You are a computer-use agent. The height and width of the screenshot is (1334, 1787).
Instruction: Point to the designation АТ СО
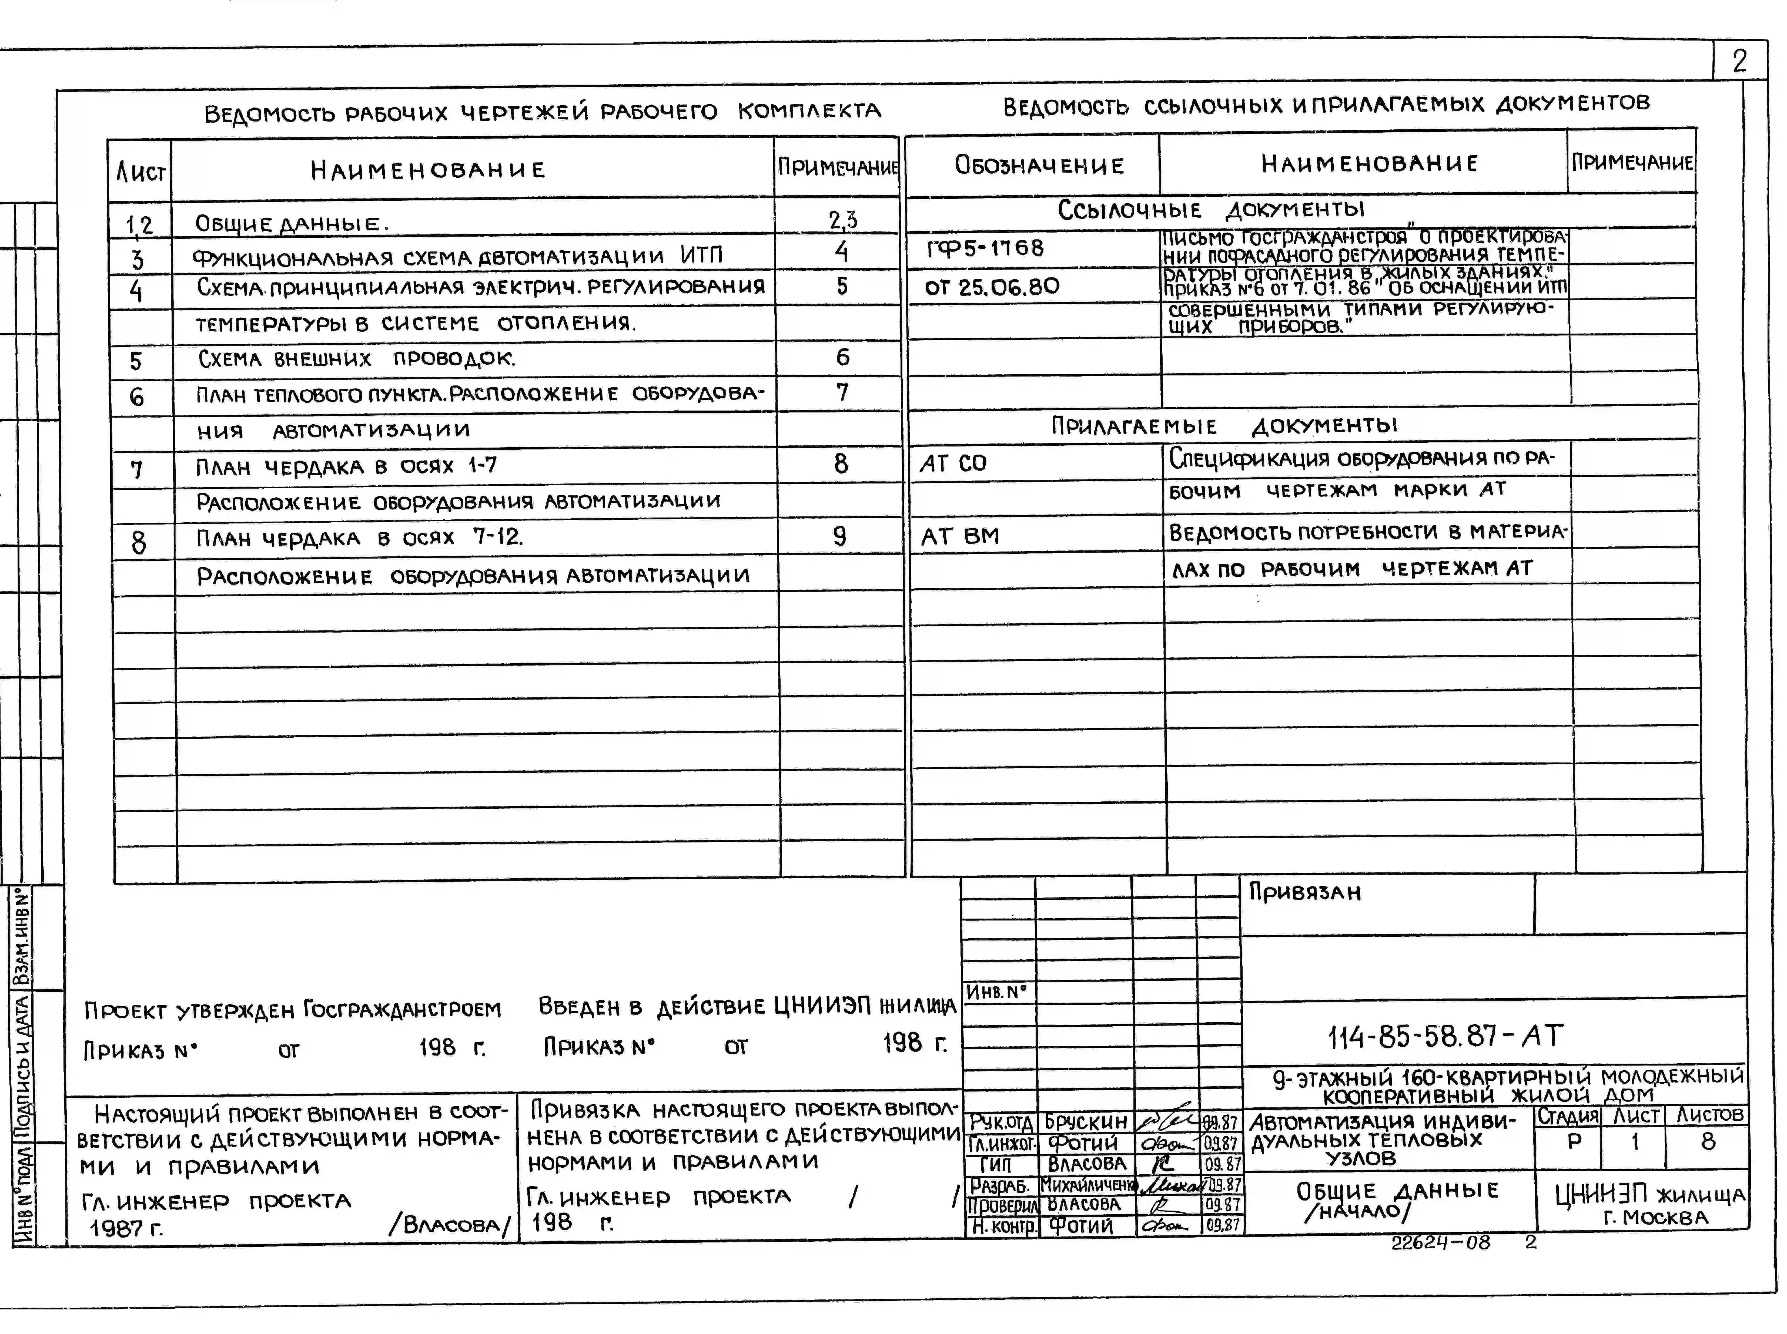click(x=953, y=463)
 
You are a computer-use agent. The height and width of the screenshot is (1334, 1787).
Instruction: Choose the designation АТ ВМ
click(x=960, y=536)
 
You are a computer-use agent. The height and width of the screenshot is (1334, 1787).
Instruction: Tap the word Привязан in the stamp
click(x=1305, y=892)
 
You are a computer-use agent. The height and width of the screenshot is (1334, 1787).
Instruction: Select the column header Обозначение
click(x=1039, y=166)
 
